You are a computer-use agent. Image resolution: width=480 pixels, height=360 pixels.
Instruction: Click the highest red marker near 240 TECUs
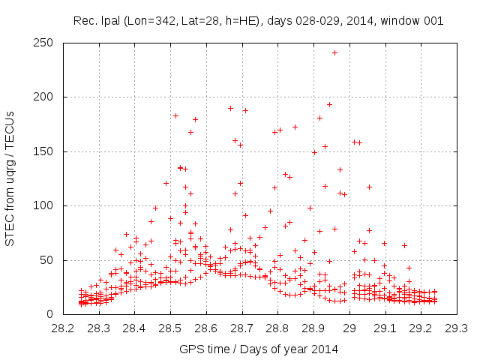[334, 52]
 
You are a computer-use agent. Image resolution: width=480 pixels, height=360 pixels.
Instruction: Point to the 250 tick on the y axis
[63, 43]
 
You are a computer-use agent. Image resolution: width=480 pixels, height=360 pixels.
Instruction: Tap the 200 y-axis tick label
[47, 97]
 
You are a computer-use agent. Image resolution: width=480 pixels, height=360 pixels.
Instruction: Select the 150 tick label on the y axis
[47, 151]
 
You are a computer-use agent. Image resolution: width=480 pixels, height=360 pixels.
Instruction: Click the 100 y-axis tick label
[47, 205]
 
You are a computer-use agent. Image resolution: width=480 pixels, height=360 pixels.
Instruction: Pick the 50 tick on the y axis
[63, 260]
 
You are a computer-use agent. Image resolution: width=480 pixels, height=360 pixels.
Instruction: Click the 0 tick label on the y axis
[53, 314]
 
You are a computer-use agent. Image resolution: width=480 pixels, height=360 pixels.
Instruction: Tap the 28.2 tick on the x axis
[63, 314]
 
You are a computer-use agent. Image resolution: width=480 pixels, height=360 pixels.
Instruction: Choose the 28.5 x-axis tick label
[170, 328]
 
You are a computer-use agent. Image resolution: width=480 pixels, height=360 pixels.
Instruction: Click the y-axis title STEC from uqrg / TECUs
[11, 178]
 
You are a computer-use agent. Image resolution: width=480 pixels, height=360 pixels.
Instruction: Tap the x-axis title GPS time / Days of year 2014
[259, 349]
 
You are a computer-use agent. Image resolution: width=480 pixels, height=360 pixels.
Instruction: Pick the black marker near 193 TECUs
[329, 104]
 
